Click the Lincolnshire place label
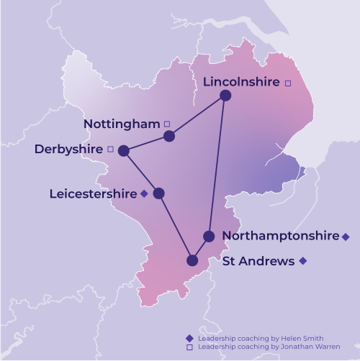coord(240,82)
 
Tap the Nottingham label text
coord(121,124)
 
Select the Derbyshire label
coord(68,150)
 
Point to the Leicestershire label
coord(93,193)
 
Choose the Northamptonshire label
coord(280,236)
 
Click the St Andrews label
coord(258,261)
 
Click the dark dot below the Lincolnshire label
coord(225,95)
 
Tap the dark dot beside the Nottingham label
coord(169,136)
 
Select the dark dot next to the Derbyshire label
coord(123,151)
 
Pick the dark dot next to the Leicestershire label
coord(158,193)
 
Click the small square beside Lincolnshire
coord(288,83)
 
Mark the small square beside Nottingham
coord(168,124)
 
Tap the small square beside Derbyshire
coord(110,150)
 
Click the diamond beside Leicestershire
coord(145,193)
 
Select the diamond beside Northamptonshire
coord(346,237)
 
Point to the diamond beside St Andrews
coord(303,261)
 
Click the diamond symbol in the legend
coord(189,338)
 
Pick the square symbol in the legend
coord(189,347)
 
